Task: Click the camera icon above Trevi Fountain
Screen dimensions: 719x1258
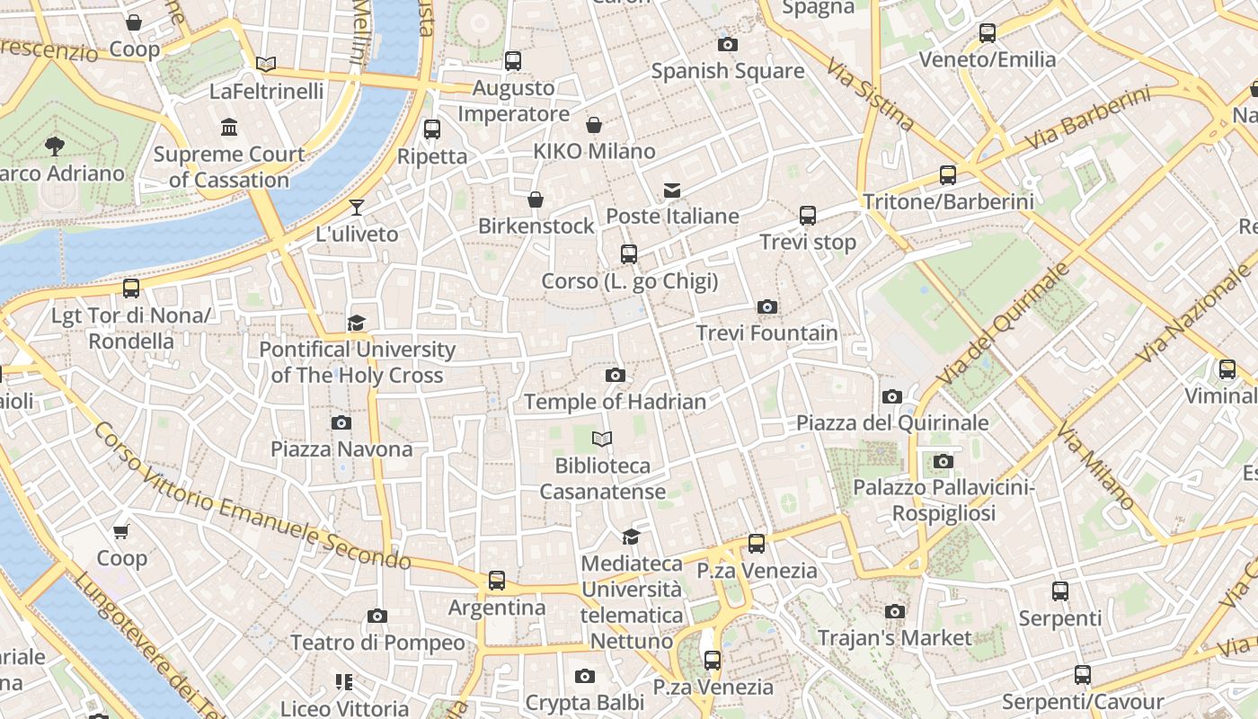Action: (x=766, y=307)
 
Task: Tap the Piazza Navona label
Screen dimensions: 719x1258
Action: (x=341, y=448)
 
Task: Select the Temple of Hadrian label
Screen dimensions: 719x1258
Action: (x=615, y=402)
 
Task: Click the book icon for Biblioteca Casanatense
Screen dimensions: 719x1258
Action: (x=602, y=439)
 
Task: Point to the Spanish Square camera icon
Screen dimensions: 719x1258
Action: (x=728, y=44)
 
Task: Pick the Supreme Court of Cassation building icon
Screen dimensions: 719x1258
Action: (x=229, y=128)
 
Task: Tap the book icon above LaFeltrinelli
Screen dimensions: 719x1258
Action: (x=265, y=64)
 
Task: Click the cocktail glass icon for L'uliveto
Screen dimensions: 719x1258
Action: (x=357, y=208)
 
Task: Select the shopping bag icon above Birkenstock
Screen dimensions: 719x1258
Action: (x=536, y=199)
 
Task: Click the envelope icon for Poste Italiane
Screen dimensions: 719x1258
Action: (x=672, y=190)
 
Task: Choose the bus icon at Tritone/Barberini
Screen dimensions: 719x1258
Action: (x=948, y=175)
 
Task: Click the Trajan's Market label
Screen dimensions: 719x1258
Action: (x=894, y=638)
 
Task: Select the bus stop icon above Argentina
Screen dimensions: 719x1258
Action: (x=497, y=581)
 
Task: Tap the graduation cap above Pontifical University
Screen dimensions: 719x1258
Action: (x=357, y=323)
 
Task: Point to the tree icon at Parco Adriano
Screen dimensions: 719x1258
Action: (x=55, y=146)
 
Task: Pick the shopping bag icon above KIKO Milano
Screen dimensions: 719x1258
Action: (x=594, y=124)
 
